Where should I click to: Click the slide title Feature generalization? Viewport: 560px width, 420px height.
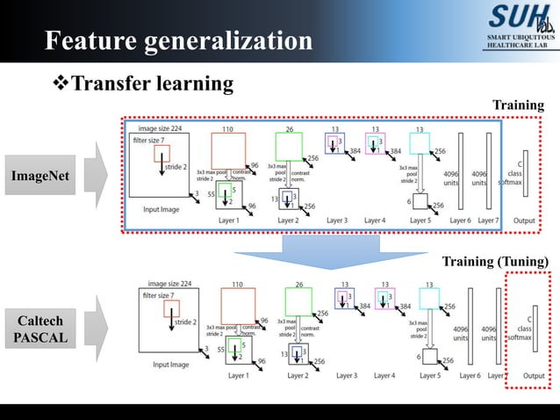click(x=178, y=40)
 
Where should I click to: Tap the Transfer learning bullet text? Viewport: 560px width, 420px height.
click(x=151, y=84)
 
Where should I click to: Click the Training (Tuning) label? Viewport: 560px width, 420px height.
click(x=495, y=261)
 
